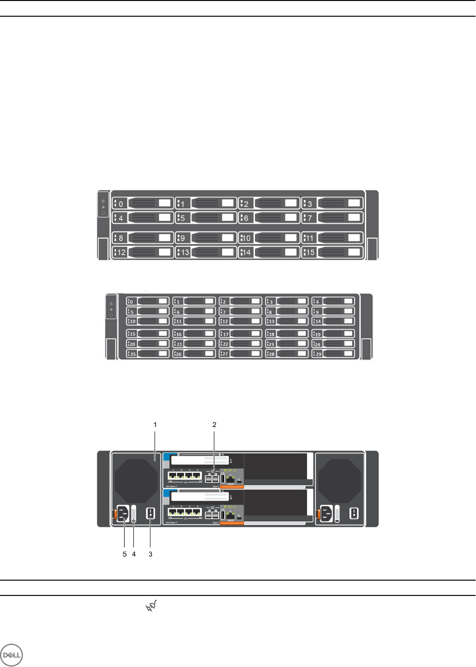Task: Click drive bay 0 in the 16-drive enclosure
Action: (143, 203)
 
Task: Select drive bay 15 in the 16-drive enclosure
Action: (332, 252)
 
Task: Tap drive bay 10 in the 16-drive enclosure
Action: (269, 238)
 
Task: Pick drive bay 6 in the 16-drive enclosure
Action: (269, 218)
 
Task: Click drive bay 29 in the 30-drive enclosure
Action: (333, 354)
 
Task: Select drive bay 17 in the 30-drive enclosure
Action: (241, 334)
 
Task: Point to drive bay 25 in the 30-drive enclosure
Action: (148, 354)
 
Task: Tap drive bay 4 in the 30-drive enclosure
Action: (333, 302)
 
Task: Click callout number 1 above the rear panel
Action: (155, 424)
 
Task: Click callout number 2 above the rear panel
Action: (214, 424)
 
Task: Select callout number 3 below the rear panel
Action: (150, 554)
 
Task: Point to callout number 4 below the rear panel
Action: (134, 554)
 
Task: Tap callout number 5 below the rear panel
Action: (125, 554)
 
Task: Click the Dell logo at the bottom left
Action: (11, 655)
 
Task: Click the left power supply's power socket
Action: (123, 514)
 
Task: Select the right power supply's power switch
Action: (354, 513)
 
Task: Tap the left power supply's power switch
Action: (151, 513)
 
